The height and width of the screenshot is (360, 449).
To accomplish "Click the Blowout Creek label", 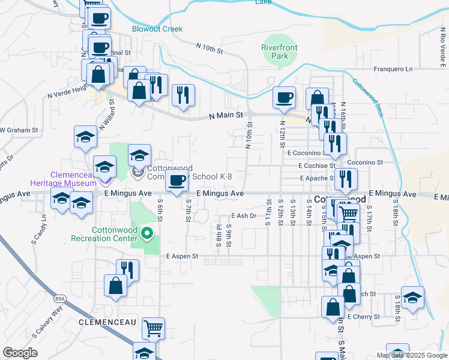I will coord(157,29).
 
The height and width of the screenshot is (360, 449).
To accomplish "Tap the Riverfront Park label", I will coord(275,52).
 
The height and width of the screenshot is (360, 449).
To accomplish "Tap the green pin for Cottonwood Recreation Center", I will coord(143,231).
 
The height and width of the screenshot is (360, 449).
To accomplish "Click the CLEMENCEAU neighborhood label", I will coord(102,322).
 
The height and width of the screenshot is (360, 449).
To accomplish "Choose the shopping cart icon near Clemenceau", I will coord(154,328).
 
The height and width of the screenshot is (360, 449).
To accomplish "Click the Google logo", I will coord(20,353).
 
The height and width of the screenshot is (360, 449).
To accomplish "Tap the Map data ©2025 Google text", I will coord(411,355).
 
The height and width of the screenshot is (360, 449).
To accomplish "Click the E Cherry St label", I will coord(363,316).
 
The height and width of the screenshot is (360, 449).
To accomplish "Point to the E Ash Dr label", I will coord(244,216).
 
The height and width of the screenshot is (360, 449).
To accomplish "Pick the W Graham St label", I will coord(19,130).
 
